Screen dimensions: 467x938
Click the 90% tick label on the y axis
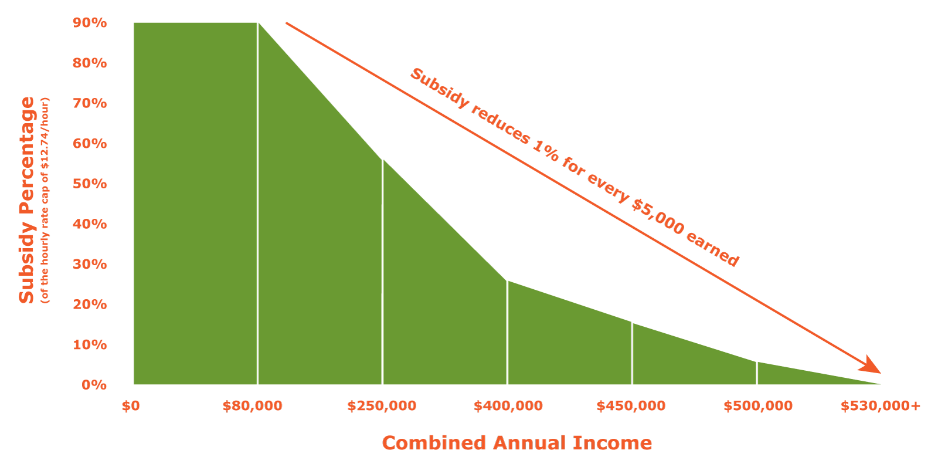[x=90, y=23]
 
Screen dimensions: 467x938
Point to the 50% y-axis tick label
[x=90, y=184]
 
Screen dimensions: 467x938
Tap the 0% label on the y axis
[x=94, y=385]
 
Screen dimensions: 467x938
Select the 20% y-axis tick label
[x=90, y=304]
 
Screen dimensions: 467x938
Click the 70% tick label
[x=90, y=103]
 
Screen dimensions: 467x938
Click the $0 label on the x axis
[x=131, y=406]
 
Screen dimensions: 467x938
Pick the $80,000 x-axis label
[x=252, y=406]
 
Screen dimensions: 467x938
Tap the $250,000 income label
[x=382, y=406]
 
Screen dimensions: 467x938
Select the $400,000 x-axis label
[x=508, y=406]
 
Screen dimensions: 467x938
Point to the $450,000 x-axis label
[x=631, y=406]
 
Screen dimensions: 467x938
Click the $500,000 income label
[x=757, y=406]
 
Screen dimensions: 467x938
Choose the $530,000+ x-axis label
[x=881, y=406]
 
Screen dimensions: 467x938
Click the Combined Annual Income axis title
[x=516, y=443]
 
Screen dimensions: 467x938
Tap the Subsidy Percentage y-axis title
[x=26, y=200]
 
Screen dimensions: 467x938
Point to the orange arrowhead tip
[x=879, y=373]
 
